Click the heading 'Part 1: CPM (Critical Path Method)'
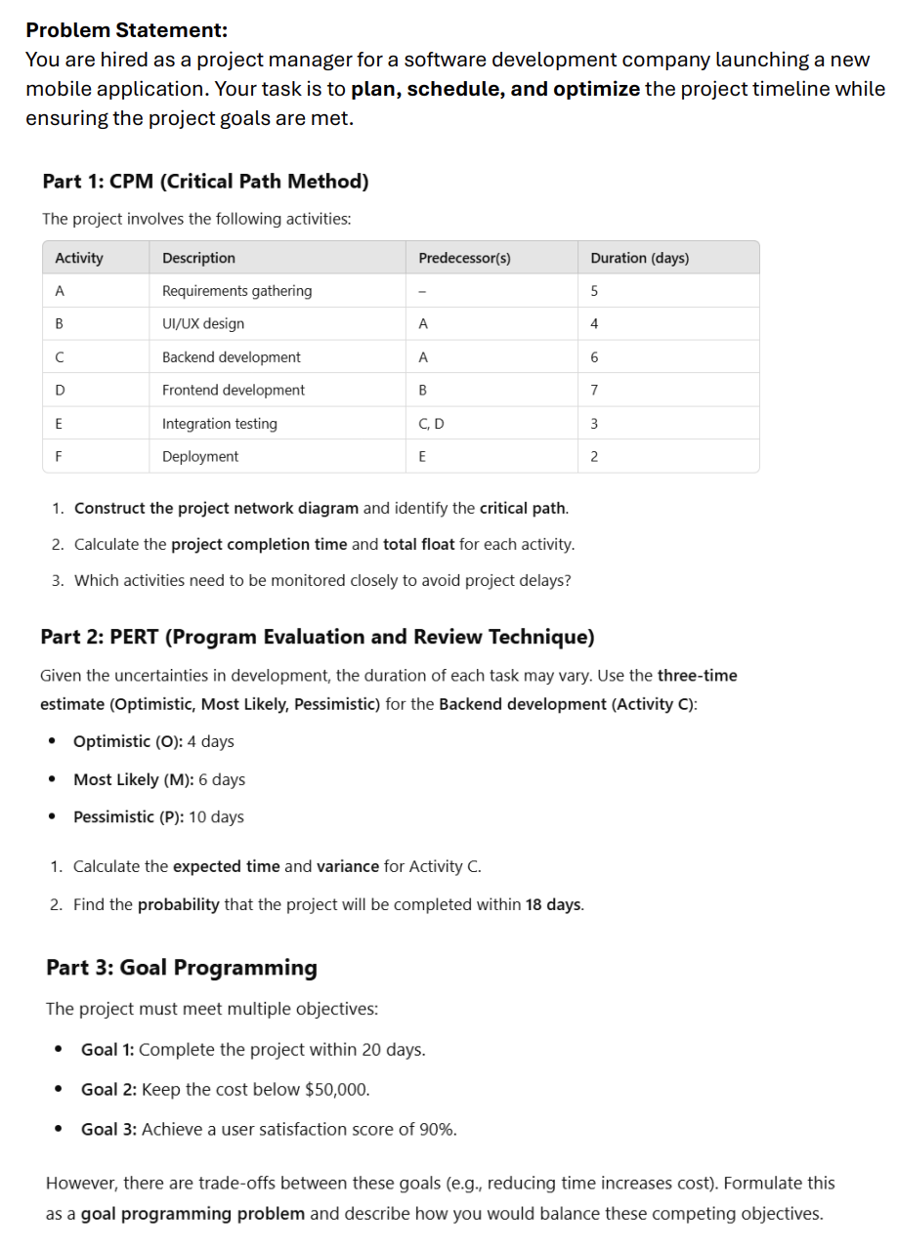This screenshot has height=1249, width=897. coord(205,182)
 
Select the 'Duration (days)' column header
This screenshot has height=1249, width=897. coord(639,258)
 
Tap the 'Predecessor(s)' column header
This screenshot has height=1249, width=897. coord(464,258)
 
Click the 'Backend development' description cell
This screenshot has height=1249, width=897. coord(232,357)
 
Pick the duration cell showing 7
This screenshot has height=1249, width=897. coord(595,391)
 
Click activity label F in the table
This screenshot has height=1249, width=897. coord(59,457)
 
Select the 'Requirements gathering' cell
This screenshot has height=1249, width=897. coord(236,291)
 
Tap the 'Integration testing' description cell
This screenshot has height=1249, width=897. coord(220,424)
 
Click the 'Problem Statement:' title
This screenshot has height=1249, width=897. coord(112,30)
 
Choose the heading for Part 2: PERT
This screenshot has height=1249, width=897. coord(317,638)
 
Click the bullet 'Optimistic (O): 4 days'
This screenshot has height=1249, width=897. coord(153,741)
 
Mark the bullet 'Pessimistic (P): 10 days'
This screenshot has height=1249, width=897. coord(158,817)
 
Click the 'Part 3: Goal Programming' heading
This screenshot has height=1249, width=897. coord(182,968)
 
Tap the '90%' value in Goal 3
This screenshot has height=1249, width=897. coord(437,1130)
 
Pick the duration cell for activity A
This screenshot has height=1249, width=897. coord(595,291)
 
